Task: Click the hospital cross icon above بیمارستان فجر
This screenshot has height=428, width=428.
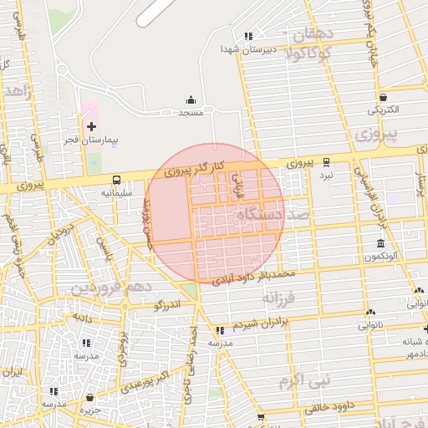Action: (x=91, y=125)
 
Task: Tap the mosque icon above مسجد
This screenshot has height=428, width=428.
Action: (x=191, y=99)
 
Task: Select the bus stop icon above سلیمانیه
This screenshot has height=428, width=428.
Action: (x=116, y=180)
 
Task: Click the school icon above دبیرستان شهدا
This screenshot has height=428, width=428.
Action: (x=247, y=36)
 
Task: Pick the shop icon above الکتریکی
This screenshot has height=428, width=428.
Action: (x=382, y=97)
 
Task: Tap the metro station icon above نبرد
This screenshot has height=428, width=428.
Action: (x=326, y=163)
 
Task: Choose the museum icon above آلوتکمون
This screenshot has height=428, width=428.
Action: (x=380, y=244)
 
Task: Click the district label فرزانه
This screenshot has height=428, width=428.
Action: (x=278, y=298)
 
